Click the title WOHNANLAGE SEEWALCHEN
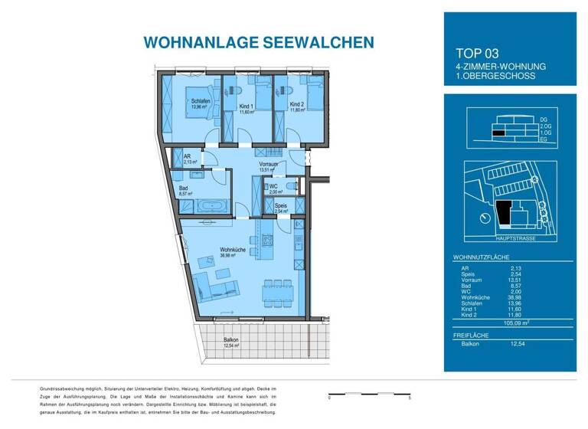[248, 42]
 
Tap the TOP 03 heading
[477, 54]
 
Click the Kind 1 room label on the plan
[246, 106]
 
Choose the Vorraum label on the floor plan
[268, 164]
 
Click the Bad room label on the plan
[185, 188]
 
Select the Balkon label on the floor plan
[231, 339]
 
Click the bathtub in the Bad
[211, 205]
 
